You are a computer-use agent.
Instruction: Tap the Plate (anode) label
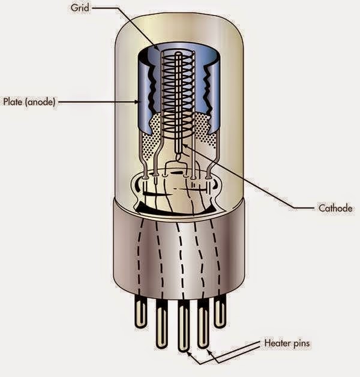[x=30, y=103]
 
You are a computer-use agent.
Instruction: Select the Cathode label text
[x=334, y=209]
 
